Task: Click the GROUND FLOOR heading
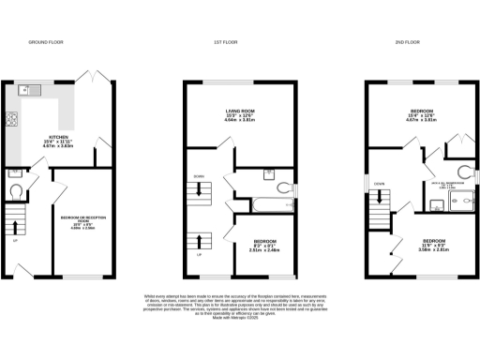pyautogui.click(x=44, y=43)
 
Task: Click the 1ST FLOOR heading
pyautogui.click(x=224, y=43)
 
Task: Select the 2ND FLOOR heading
pyautogui.click(x=405, y=43)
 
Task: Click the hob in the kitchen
pyautogui.click(x=12, y=119)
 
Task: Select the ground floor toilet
pyautogui.click(x=16, y=190)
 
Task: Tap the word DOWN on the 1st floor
pyautogui.click(x=199, y=176)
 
